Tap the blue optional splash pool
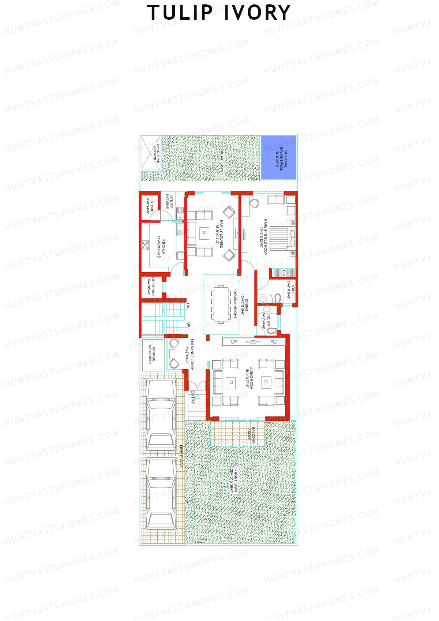click(x=278, y=158)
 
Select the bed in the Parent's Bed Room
click(x=283, y=237)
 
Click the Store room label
click(x=150, y=206)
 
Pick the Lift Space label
click(x=151, y=287)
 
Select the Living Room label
click(x=249, y=377)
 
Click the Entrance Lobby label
click(x=190, y=354)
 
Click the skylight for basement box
click(x=151, y=153)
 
